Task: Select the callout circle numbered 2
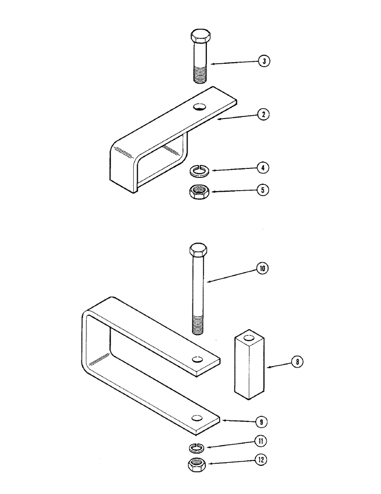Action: click(x=265, y=115)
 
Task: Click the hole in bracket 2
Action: click(x=200, y=106)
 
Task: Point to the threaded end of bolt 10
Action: click(x=199, y=327)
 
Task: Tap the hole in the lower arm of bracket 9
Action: click(x=197, y=418)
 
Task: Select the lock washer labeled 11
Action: click(x=197, y=447)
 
